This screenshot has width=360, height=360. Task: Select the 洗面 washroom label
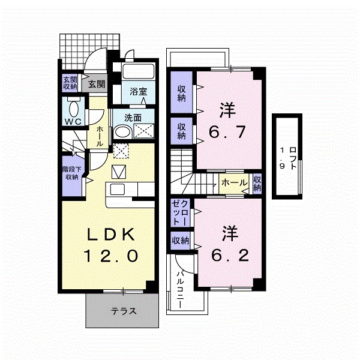133,118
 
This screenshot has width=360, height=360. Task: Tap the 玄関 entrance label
97,84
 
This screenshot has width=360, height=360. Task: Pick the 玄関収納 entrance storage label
70,83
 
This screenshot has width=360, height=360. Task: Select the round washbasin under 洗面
122,133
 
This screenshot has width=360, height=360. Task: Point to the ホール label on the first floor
98,136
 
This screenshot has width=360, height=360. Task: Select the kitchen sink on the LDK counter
118,190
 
